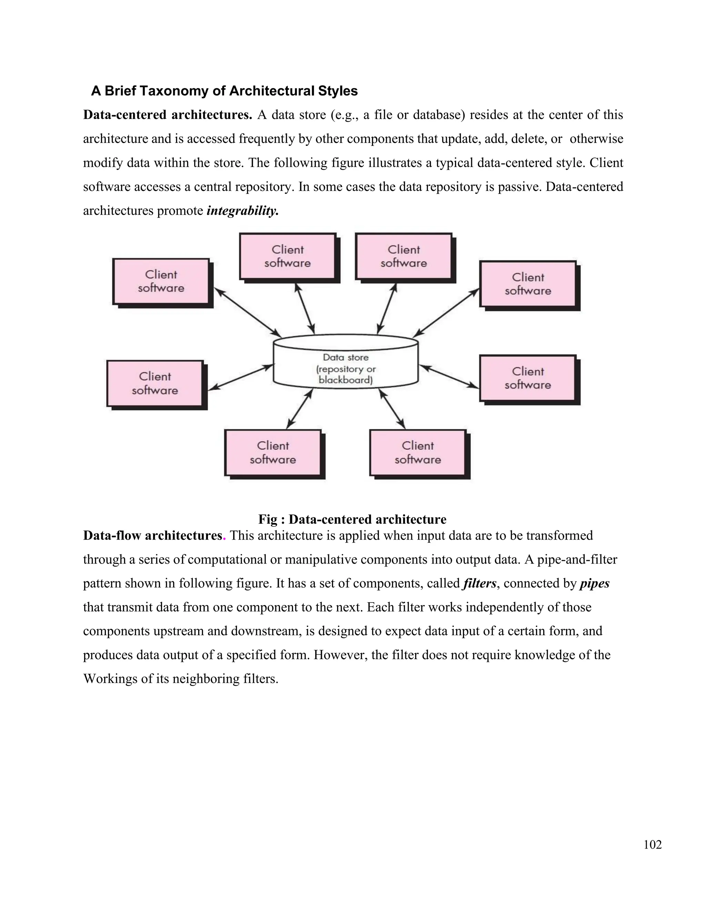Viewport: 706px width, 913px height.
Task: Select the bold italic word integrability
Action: tap(243, 211)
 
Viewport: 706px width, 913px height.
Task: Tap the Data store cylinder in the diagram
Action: tap(345, 362)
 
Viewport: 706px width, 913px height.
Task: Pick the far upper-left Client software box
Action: tap(161, 281)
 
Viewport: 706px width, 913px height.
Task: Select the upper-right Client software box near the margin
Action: tap(528, 284)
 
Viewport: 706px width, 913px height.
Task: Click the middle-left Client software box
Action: tap(155, 383)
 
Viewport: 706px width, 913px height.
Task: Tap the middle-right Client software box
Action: tap(528, 378)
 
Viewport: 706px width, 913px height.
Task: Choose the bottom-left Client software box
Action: tap(273, 453)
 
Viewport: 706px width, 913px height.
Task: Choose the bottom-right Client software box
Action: tap(418, 453)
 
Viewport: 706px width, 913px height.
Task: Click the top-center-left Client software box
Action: tap(288, 256)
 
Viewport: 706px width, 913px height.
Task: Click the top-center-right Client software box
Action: tap(404, 256)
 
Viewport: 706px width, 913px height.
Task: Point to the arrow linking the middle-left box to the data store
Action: tap(241, 378)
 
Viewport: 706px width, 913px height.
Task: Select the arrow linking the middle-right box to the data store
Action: tap(449, 377)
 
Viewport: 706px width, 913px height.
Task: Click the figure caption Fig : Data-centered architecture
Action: tap(352, 519)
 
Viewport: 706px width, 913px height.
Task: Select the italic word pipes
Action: tap(594, 583)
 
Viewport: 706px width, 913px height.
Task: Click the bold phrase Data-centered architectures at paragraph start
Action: tap(167, 115)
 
